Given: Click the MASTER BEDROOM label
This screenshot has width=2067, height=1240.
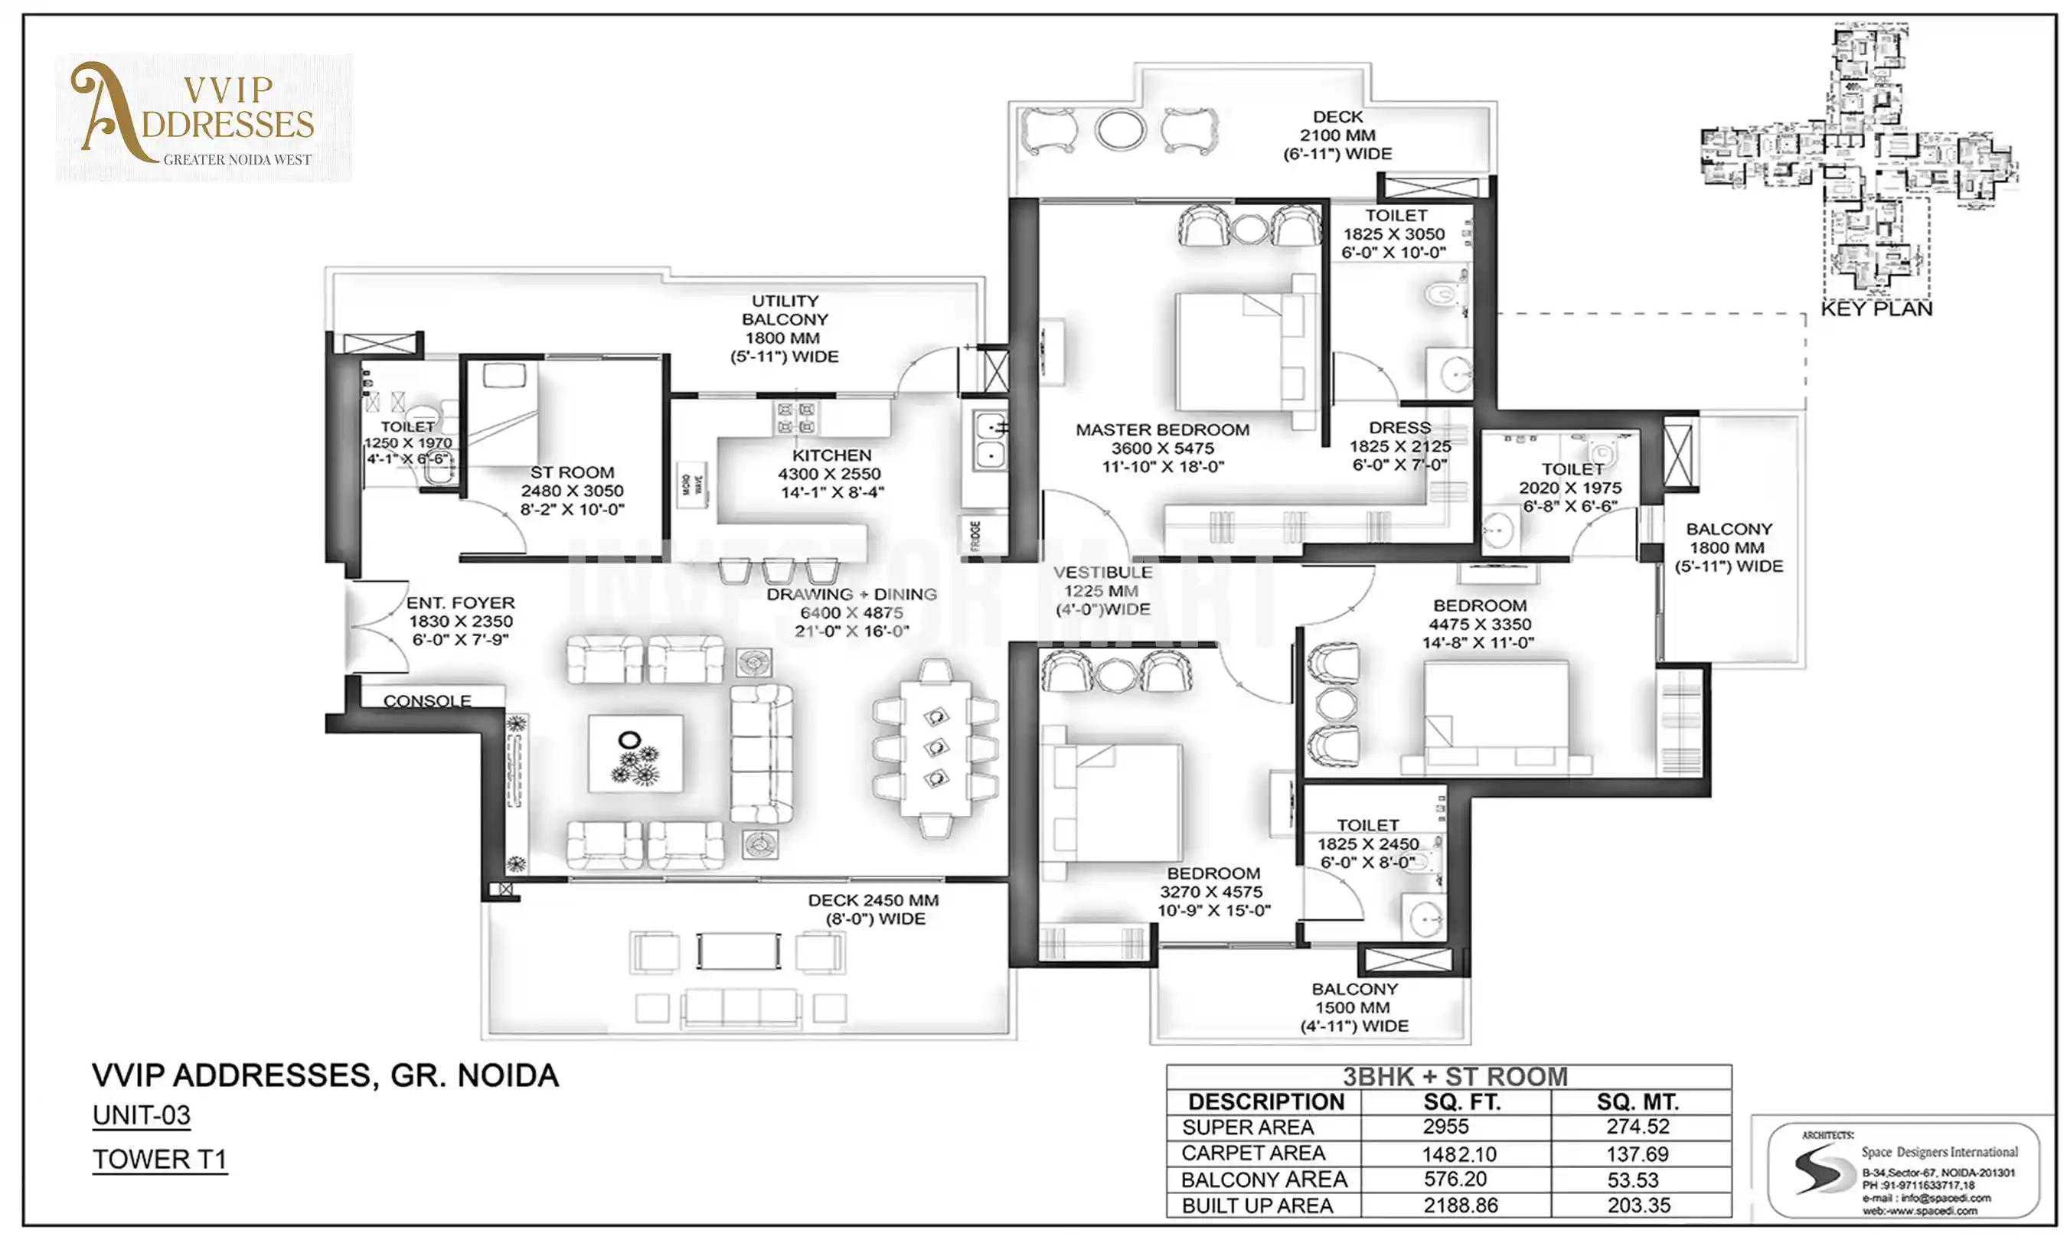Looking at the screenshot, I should point(1161,429).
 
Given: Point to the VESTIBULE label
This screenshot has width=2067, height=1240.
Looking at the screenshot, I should point(1102,573).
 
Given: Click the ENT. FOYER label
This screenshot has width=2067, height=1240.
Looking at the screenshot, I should point(460,602).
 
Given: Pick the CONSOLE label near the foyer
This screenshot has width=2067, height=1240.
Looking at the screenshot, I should point(427,700).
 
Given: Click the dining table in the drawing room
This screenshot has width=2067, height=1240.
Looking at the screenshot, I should point(935,746).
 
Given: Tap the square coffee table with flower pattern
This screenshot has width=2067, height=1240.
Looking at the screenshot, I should point(635,753).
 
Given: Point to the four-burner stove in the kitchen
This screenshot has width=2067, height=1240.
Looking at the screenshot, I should point(795,418).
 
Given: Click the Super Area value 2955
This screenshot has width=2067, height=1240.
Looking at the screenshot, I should point(1445,1127).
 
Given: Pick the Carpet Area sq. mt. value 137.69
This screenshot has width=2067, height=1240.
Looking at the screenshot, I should point(1637,1154).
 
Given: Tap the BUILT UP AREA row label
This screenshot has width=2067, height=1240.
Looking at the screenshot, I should point(1256,1206).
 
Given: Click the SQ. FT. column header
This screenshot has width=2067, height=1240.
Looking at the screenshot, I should point(1461,1102).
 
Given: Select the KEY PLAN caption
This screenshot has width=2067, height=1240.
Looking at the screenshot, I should point(1876,309).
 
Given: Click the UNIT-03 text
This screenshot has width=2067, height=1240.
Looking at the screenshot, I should point(141,1115).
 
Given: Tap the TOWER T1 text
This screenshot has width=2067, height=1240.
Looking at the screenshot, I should point(158,1160).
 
